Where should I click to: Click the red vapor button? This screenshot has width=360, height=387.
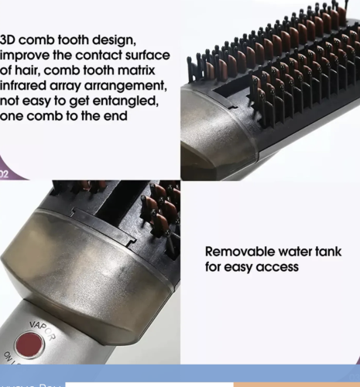click(x=29, y=344)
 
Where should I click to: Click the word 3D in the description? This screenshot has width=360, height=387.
click(x=10, y=39)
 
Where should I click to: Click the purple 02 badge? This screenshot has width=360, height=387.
click(x=5, y=174)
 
